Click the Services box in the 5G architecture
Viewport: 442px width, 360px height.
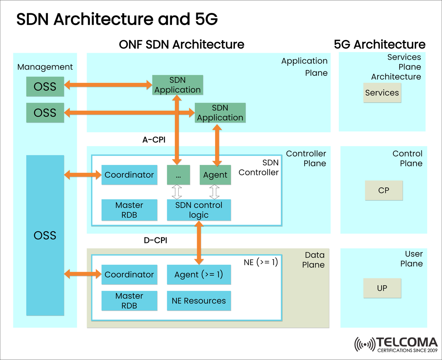coord(382,93)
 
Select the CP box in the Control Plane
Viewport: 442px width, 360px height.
coord(384,190)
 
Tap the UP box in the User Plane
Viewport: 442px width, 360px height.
coord(382,288)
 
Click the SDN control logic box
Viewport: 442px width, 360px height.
coord(199,210)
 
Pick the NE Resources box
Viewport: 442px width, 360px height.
coord(199,301)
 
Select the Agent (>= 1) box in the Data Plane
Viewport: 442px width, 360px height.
coord(199,275)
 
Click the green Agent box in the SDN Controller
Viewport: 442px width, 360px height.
coord(215,175)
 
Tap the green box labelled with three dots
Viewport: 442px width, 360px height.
coord(178,175)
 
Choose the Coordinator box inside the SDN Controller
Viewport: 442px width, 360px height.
coord(129,175)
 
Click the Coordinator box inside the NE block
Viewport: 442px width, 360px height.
coord(129,275)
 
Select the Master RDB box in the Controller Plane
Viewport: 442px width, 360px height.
coord(129,210)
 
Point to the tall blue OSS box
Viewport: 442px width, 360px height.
coord(45,235)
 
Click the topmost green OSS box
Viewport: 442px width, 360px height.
coord(45,87)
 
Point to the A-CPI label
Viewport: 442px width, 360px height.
coord(154,140)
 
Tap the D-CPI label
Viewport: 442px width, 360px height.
coord(155,241)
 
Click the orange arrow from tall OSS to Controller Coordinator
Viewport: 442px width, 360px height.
coord(83,175)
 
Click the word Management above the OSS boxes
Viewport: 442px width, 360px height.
coord(45,67)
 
